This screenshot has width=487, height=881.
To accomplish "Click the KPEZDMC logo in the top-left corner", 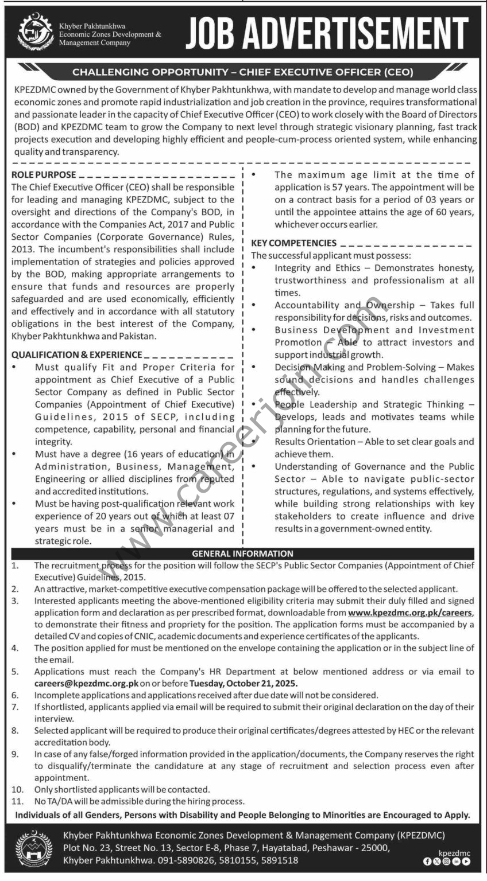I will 35,34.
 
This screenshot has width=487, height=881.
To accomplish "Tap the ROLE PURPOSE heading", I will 44,174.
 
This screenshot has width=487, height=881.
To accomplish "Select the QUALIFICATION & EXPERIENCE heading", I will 76,354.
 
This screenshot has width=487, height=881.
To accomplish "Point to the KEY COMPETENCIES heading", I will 294,243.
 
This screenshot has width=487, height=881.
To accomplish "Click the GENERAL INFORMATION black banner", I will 242,553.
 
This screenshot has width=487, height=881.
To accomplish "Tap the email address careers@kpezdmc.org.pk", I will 86,684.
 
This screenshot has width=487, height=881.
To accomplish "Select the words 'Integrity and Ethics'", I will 318,268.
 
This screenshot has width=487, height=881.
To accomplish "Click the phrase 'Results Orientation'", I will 315,442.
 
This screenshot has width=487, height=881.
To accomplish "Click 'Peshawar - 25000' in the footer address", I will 351,848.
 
